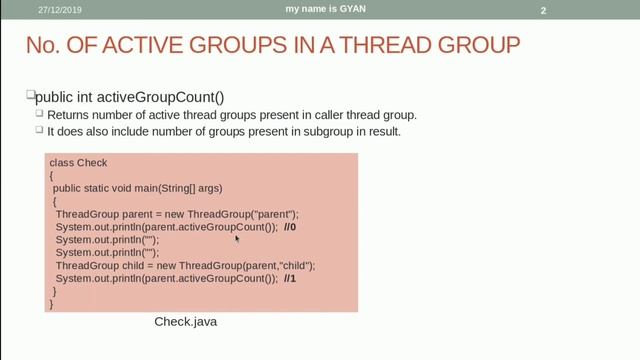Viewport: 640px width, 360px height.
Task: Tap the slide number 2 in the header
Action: click(543, 11)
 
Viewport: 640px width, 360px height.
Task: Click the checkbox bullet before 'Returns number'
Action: click(40, 114)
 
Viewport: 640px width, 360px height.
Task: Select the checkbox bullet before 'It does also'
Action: click(40, 130)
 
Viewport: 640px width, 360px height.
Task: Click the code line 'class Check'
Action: click(78, 162)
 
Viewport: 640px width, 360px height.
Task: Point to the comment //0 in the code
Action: click(290, 227)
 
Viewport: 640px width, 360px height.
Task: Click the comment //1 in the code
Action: click(290, 279)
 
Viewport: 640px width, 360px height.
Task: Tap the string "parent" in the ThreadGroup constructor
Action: click(277, 214)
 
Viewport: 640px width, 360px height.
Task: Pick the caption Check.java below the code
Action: click(185, 322)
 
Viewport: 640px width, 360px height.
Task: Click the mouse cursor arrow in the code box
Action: click(237, 238)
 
